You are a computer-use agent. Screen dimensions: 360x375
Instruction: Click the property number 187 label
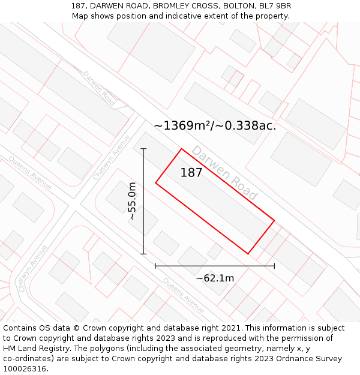coord(191,173)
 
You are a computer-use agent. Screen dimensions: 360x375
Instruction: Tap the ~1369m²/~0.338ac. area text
coord(215,125)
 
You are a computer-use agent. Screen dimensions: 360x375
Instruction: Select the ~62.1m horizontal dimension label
coord(215,278)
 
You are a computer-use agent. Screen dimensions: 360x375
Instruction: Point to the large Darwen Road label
coord(224,173)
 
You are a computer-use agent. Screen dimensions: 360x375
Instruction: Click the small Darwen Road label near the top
coord(99,88)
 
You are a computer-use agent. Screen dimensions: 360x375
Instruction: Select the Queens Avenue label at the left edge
coord(30,172)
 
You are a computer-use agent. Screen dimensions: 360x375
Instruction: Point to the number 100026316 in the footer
coord(24,369)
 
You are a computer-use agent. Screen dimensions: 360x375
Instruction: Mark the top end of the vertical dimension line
coord(143,149)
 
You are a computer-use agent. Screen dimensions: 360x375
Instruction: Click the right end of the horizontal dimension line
coord(274,265)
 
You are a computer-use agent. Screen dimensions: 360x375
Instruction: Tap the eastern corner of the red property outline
coord(274,220)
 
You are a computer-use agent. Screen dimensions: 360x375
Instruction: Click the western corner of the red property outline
coord(155,182)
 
